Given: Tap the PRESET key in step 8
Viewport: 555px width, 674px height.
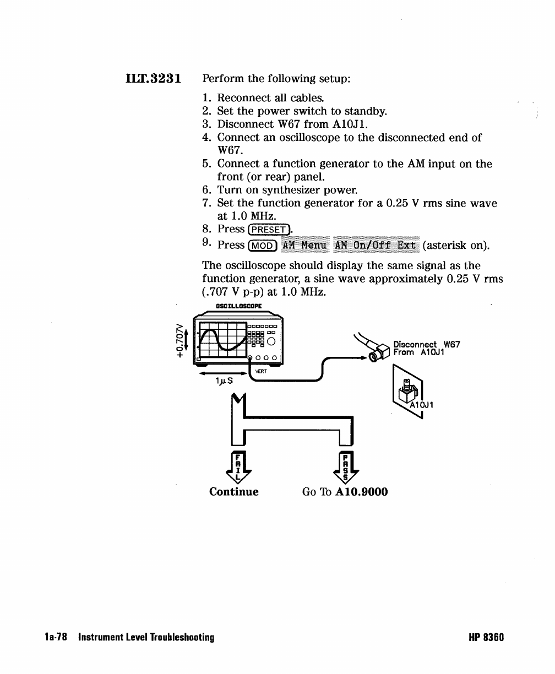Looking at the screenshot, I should click(x=268, y=229).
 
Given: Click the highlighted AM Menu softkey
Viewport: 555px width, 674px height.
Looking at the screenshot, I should click(x=304, y=244).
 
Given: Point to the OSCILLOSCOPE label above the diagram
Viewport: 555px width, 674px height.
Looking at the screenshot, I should click(x=238, y=306).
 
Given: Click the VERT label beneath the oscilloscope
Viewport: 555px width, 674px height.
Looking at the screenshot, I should click(x=260, y=371).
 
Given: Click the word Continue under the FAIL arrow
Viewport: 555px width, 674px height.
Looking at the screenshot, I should click(x=233, y=491).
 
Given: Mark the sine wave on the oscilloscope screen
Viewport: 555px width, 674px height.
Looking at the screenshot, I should click(x=221, y=340).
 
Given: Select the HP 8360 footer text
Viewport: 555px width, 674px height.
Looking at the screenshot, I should click(x=486, y=638).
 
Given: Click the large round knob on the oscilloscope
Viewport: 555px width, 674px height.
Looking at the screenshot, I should click(x=271, y=342).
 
